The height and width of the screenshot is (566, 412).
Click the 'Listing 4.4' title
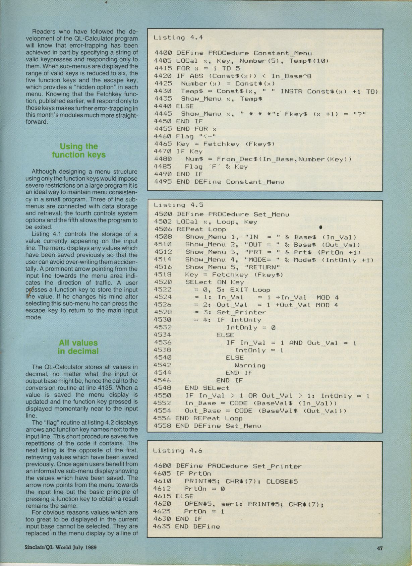point(178,38)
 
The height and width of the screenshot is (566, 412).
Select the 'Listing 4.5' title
point(178,205)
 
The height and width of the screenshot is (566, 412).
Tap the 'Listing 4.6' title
point(178,451)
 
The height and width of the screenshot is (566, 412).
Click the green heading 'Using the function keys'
point(79,151)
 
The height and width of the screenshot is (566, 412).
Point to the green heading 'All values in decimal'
point(78,347)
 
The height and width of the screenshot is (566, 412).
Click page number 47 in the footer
point(379,548)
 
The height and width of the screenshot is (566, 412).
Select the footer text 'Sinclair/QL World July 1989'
point(61,548)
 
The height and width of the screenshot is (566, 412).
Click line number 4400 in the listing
point(163,53)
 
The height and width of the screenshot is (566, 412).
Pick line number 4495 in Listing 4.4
point(163,182)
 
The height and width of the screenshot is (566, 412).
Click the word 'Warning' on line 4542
point(250,365)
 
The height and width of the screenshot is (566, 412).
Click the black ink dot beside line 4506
point(321,227)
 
